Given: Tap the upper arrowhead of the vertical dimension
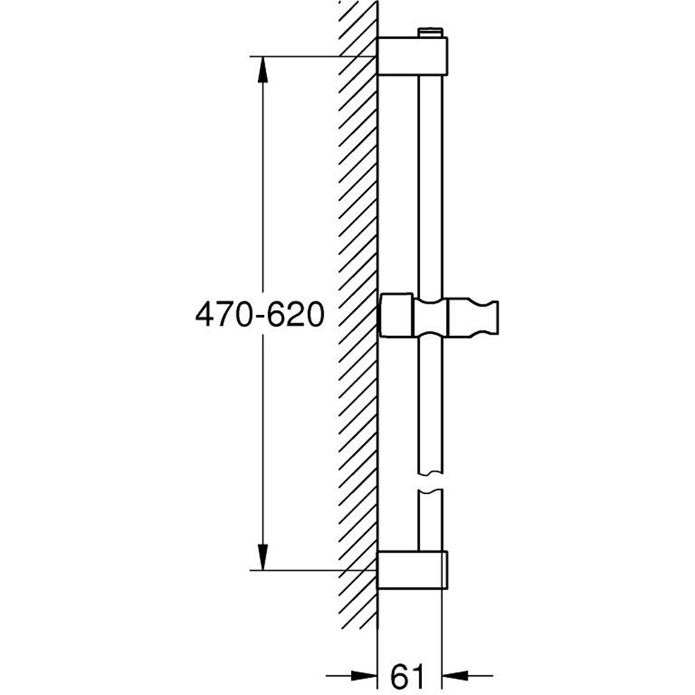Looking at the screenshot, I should point(262,69).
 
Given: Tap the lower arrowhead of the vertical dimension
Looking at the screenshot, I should point(262,557).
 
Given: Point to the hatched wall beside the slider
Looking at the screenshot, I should point(358,316).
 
